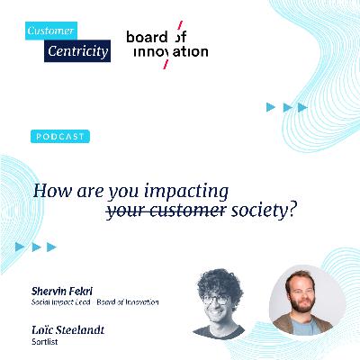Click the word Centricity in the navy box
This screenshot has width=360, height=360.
(x=78, y=51)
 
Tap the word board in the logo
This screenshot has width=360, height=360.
(x=145, y=37)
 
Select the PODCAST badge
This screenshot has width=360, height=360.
(x=60, y=136)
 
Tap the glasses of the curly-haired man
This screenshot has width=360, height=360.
(x=214, y=299)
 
